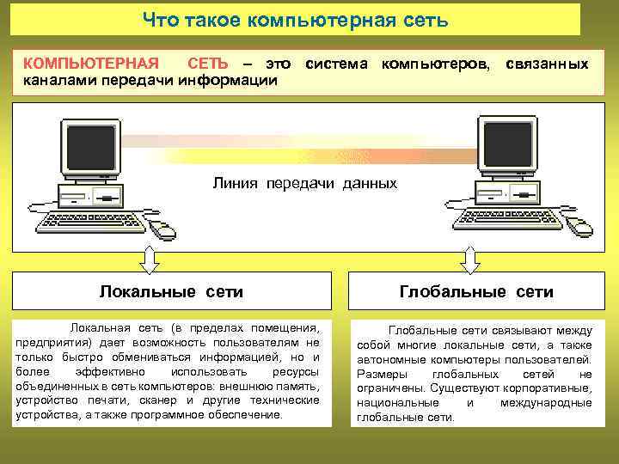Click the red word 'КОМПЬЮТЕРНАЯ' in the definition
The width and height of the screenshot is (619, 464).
click(90, 64)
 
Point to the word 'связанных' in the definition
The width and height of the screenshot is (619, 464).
click(547, 64)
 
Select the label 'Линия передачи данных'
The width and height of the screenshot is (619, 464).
click(305, 183)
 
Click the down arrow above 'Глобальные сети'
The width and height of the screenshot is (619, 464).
click(470, 257)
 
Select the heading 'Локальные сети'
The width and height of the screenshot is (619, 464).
click(171, 292)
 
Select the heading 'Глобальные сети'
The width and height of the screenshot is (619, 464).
click(476, 292)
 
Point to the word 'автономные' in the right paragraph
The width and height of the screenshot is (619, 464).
click(389, 359)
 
